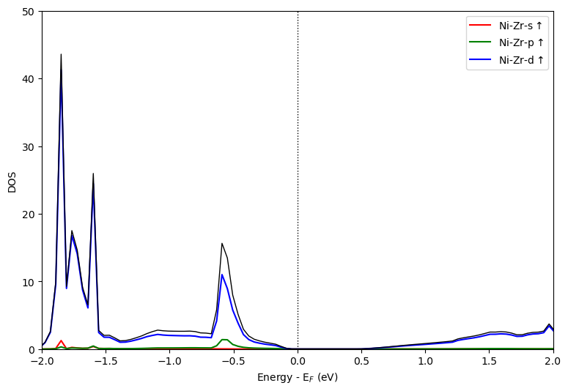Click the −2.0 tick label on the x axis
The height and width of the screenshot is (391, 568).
[42, 362]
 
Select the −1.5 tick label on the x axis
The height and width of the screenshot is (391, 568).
[106, 362]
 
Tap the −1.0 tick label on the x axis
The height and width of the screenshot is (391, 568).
[169, 362]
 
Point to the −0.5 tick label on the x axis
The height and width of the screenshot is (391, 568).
[233, 362]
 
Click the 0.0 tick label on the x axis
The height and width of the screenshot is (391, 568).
[298, 362]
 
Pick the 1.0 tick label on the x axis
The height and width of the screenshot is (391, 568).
[425, 362]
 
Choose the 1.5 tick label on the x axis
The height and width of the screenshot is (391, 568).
[490, 362]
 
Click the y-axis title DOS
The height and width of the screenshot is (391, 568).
[12, 181]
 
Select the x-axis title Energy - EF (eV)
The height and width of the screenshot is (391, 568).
[298, 378]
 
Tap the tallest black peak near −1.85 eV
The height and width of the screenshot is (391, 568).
[61, 55]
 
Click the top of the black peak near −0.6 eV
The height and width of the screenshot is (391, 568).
[221, 244]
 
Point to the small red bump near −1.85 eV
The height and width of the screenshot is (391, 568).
[61, 341]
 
